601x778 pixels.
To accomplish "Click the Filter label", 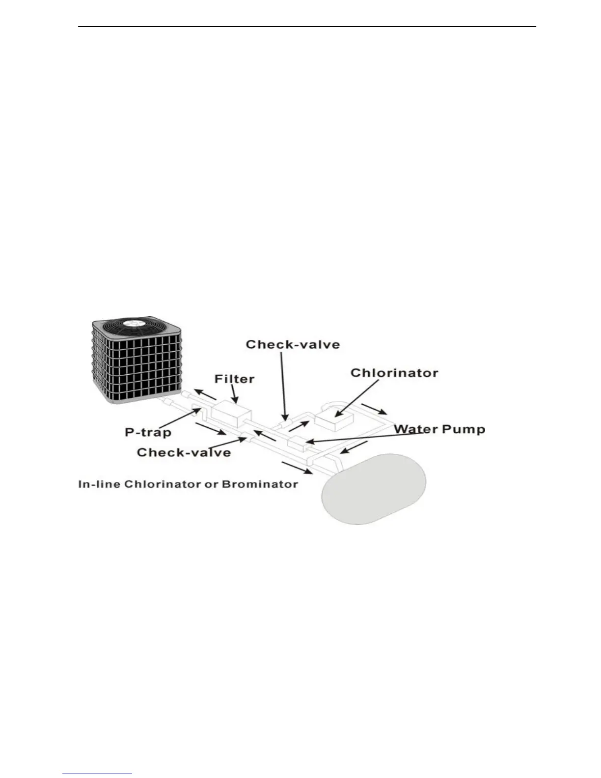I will click(x=235, y=379).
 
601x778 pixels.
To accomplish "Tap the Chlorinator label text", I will click(x=394, y=373).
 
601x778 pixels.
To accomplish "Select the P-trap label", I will click(x=148, y=432).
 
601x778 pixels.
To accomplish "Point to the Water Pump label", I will click(x=440, y=429).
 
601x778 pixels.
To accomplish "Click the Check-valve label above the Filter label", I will click(x=293, y=344).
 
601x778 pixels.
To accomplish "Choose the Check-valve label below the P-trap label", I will click(x=184, y=452).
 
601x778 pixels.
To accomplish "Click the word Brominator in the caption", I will click(x=260, y=484).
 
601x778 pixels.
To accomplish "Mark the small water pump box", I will click(x=297, y=444).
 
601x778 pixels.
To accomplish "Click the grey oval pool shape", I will click(x=374, y=489).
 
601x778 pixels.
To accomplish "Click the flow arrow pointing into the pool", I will click(x=296, y=469).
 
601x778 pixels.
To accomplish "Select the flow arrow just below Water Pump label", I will click(x=354, y=447).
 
